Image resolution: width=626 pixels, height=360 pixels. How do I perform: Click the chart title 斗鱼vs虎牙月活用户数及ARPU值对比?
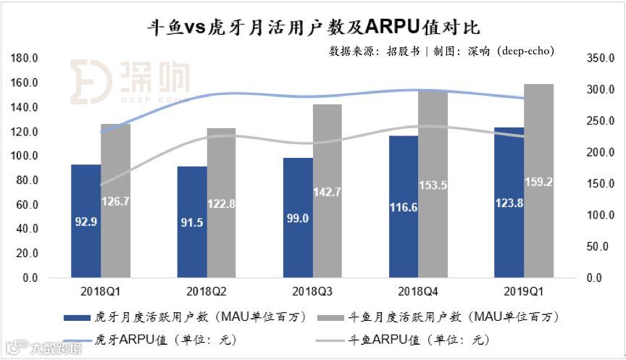tap(313, 27)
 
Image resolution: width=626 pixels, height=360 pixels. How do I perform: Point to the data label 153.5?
tap(433, 185)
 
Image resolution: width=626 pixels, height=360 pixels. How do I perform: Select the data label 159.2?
tap(539, 183)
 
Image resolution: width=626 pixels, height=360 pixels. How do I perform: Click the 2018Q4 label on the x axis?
tap(418, 291)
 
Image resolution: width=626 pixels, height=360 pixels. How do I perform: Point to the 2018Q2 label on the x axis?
tap(206, 291)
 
